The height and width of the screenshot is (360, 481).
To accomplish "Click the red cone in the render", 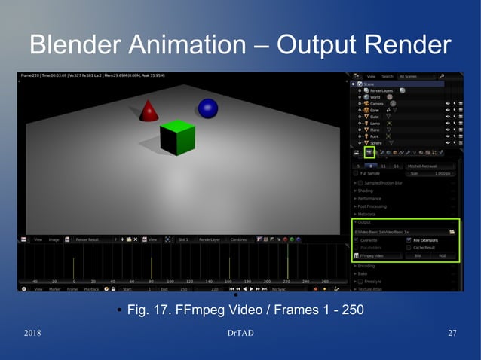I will tap(149, 111).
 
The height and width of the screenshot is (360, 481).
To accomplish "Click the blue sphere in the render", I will tap(207, 107).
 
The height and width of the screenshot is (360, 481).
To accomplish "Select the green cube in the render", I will tap(178, 137).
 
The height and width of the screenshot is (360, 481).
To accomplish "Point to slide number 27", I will tap(452, 334).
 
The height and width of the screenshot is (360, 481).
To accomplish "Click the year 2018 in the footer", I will tap(32, 334).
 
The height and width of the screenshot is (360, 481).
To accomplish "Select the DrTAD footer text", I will tap(240, 334).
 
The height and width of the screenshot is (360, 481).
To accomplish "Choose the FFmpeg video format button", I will tap(377, 256).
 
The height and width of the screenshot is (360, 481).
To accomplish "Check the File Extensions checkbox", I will tap(409, 240).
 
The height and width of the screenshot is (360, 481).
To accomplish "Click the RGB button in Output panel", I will tap(443, 256).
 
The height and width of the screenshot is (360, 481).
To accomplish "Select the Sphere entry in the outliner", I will tap(379, 142).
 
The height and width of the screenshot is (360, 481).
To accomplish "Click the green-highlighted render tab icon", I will tap(370, 152).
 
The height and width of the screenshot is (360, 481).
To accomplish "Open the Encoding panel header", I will tap(367, 266).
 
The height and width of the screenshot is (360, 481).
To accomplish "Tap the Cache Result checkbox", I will tap(409, 248).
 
